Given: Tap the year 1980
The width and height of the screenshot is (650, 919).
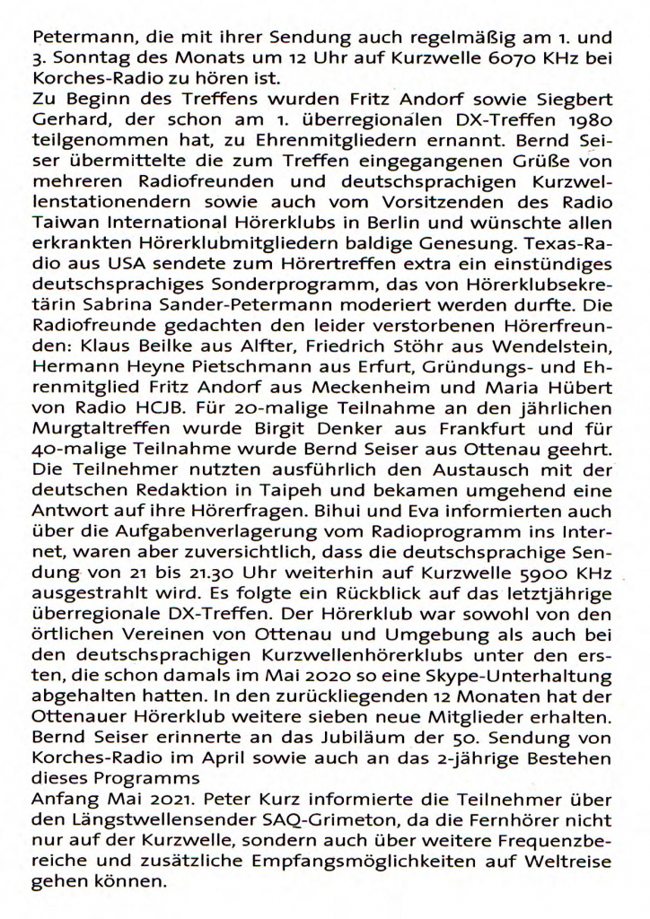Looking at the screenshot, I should (x=591, y=118).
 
